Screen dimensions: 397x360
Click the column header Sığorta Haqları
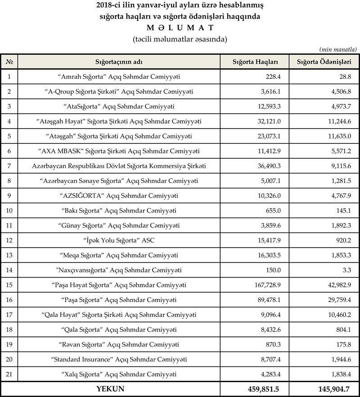point(254,61)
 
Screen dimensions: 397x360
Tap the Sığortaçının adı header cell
point(119,61)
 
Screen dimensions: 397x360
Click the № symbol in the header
point(9,61)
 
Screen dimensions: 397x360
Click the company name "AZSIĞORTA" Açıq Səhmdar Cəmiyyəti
point(119,196)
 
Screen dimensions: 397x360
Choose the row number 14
point(9,270)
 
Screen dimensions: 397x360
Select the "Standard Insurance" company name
point(119,359)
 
